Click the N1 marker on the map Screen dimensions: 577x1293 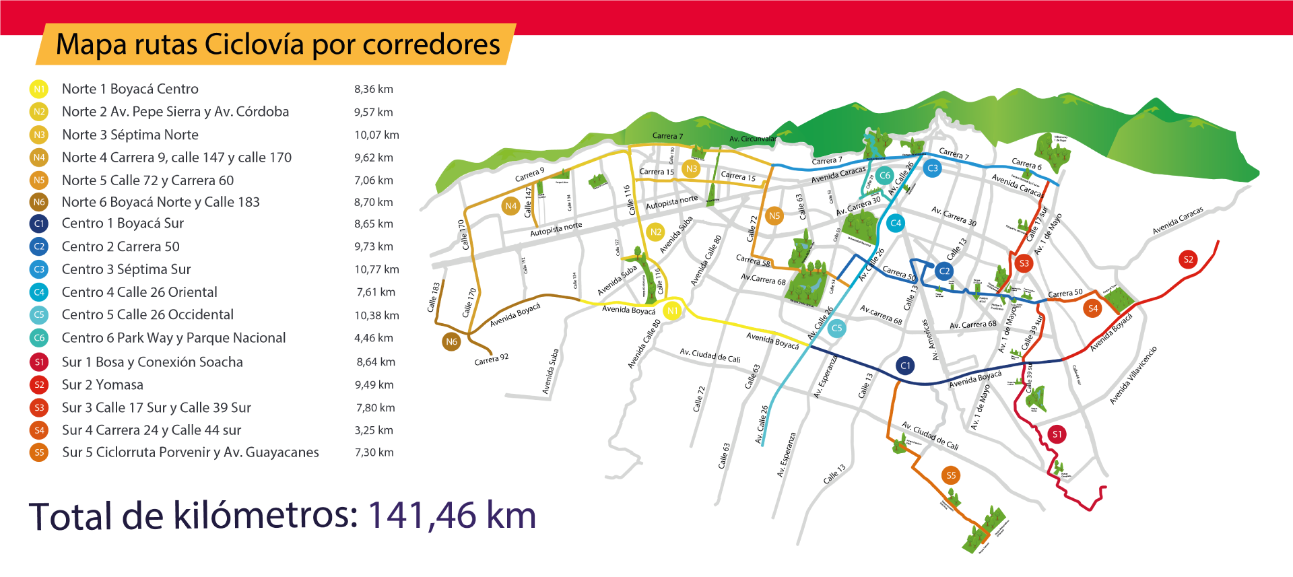coord(672,310)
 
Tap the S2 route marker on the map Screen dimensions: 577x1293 coord(1188,259)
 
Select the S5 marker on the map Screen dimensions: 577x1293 coord(951,475)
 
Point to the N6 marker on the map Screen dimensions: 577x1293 coord(451,341)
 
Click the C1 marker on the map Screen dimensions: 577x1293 coord(905,366)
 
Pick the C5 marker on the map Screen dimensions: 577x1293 coord(836,328)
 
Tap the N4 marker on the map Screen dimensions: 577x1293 coord(510,206)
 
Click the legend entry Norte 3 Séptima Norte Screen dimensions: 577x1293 coord(130,135)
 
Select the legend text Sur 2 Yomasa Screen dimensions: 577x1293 coord(102,384)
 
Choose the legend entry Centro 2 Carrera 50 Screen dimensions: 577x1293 coord(121,246)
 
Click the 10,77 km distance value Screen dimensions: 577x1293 coord(376,269)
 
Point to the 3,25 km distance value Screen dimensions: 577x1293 coord(375,430)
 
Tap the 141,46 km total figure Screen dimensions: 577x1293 coord(451,516)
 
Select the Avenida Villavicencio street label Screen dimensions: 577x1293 coord(1133,375)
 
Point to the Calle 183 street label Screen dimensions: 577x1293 coord(434,297)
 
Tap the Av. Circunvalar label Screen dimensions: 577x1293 coord(752,139)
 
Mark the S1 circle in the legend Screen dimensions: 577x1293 coord(39,362)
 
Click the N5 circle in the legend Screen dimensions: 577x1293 coord(39,180)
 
